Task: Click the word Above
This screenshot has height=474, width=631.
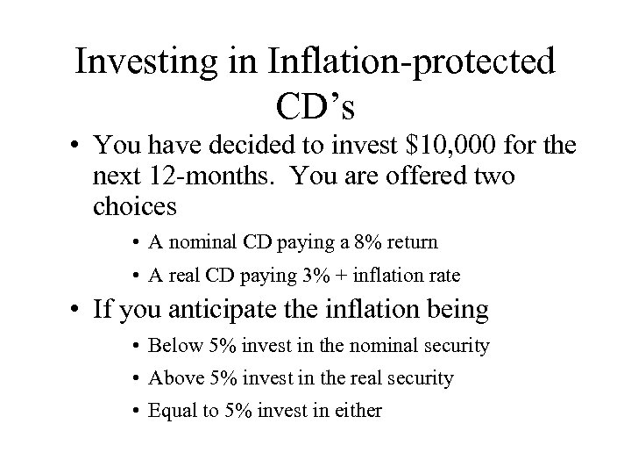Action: point(173,378)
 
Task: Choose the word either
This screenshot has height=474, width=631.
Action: point(358,410)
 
